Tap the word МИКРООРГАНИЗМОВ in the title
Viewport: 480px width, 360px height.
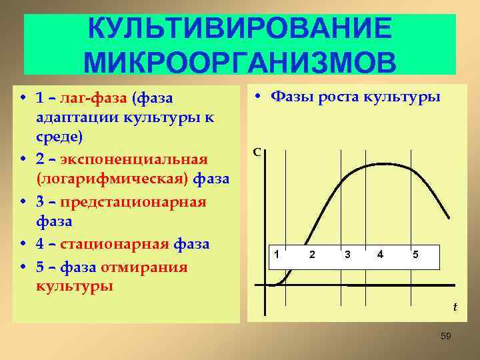pyautogui.click(x=240, y=61)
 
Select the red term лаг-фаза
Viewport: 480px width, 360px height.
pyautogui.click(x=95, y=98)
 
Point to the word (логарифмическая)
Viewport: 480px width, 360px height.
pyautogui.click(x=115, y=179)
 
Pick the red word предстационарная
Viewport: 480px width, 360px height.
pyautogui.click(x=133, y=201)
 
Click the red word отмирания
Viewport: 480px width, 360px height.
pyautogui.click(x=143, y=267)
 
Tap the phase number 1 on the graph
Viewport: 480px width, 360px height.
pyautogui.click(x=277, y=255)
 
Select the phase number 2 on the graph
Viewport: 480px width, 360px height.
pyautogui.click(x=311, y=255)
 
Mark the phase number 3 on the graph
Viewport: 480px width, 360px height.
pyautogui.click(x=347, y=255)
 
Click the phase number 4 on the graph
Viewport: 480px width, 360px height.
pyautogui.click(x=380, y=255)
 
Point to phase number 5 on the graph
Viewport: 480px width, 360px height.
pyautogui.click(x=415, y=255)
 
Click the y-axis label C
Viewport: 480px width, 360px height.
pyautogui.click(x=257, y=153)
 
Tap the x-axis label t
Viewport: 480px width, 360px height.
pyautogui.click(x=455, y=307)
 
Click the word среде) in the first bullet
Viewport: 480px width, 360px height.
pyautogui.click(x=59, y=138)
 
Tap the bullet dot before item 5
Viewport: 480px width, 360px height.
pyautogui.click(x=23, y=267)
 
